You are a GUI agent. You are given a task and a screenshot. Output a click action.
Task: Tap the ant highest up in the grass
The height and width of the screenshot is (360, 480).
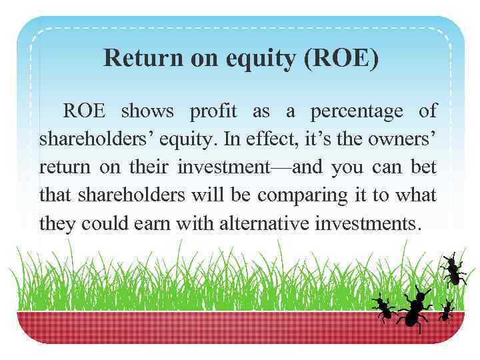click(453, 269)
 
